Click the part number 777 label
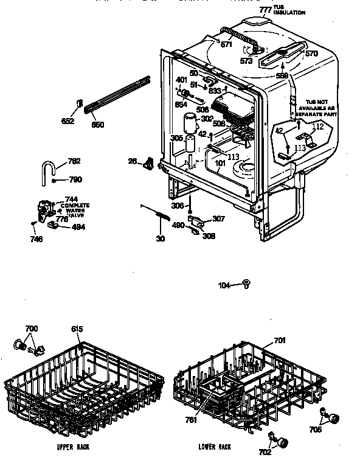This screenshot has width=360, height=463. tap(265, 10)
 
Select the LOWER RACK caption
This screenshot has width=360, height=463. tap(215, 447)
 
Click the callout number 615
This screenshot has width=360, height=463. tap(76, 329)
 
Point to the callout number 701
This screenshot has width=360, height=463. tap(280, 341)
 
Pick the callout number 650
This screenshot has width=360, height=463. tap(97, 125)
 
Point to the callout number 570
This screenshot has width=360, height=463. tap(311, 54)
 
